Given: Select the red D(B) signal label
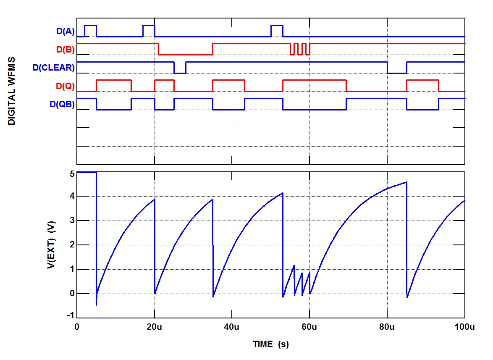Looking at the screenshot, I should pos(65,49).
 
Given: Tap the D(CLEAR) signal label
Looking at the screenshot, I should pos(53,67).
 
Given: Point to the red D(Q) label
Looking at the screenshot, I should pos(65,86).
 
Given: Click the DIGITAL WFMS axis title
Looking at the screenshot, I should pos(12,91).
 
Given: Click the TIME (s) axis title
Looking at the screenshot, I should pos(270,344).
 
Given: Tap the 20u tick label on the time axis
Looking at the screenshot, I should pos(155,327).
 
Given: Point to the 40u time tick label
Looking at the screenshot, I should pos(232,327).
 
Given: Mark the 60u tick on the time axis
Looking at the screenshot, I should pos(309,327).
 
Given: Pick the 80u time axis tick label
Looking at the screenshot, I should pos(387,327).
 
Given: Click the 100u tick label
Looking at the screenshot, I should pos(464,327).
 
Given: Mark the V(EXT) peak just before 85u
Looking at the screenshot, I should pos(406,182).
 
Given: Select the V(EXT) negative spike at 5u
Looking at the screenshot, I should pos(96,304).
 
